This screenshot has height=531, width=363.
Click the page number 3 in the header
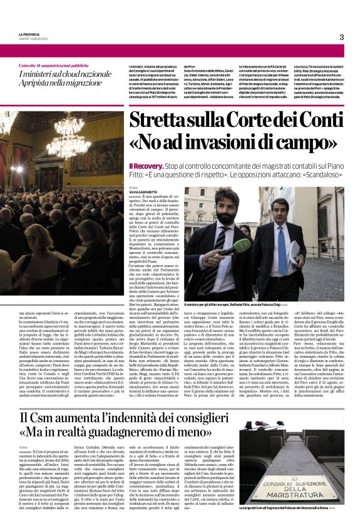(342, 37)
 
